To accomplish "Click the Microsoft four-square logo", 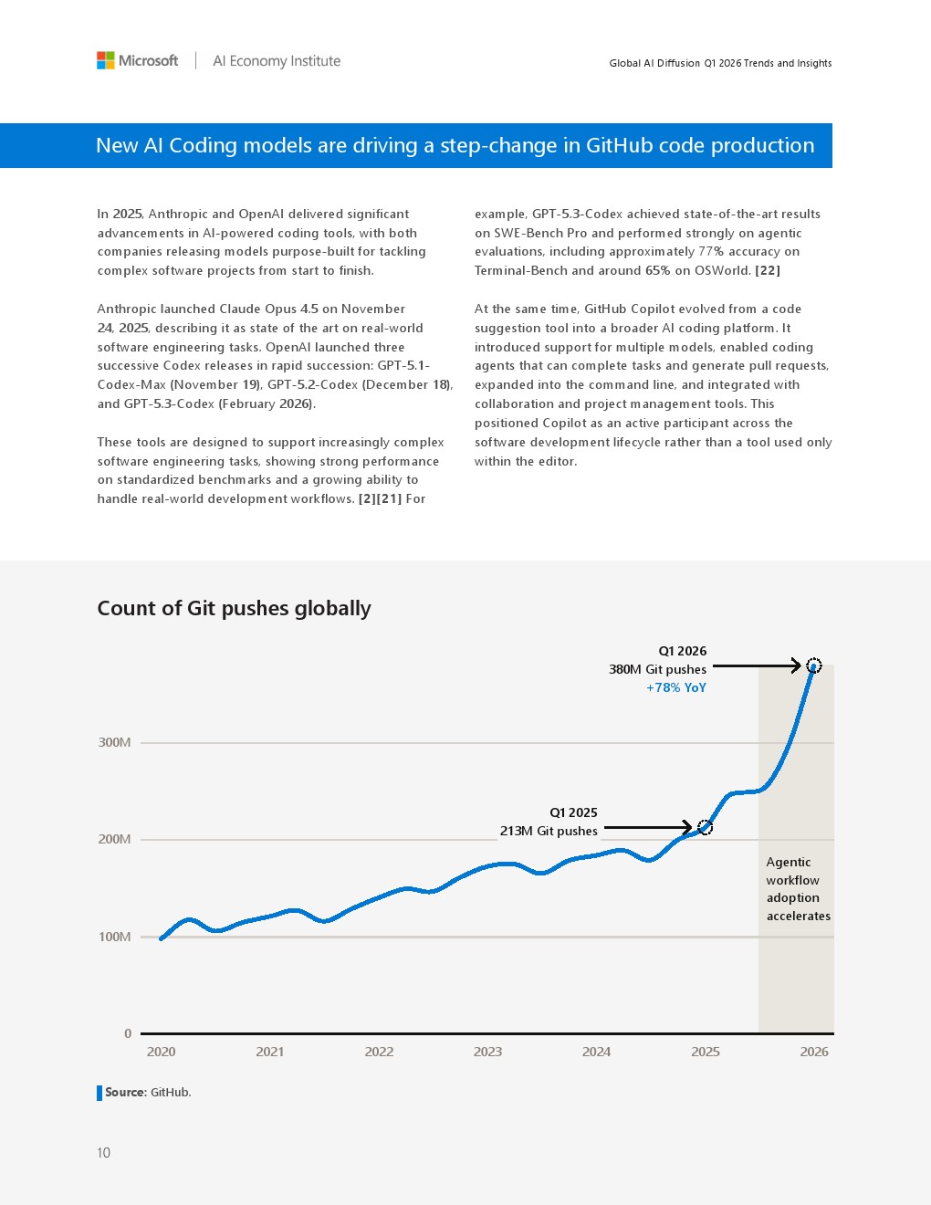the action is [105, 60].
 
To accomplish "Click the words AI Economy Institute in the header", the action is [277, 61].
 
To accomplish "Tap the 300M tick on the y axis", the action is [114, 742].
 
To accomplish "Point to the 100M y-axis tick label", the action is [114, 937].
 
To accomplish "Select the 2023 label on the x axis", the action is [487, 1052].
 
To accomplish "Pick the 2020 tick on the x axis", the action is [161, 1052].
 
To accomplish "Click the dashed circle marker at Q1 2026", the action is [813, 665].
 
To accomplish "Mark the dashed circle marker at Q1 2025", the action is [705, 827].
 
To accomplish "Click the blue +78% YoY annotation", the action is [676, 687].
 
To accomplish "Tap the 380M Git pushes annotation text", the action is [658, 669].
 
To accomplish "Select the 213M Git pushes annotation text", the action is [549, 831].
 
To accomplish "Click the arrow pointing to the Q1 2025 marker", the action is [648, 828].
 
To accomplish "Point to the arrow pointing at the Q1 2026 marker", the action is [757, 665].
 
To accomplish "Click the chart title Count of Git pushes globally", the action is [234, 608].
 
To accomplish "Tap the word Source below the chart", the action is [125, 1092].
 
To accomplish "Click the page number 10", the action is [103, 1153].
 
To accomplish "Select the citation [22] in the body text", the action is [768, 270].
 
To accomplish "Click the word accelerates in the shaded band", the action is [799, 917].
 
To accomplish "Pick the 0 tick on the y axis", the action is [128, 1033].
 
